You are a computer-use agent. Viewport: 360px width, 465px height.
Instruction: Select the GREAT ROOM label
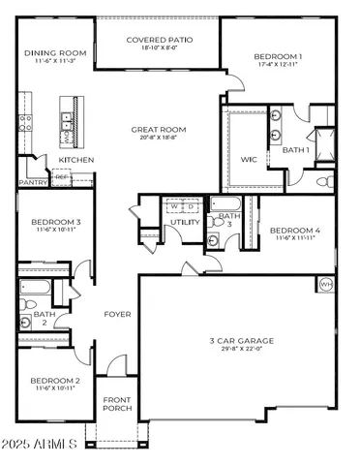[x=160, y=129]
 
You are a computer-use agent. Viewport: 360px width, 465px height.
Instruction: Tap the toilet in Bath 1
[x=324, y=179]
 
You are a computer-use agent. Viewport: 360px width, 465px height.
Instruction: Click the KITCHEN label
[x=76, y=159]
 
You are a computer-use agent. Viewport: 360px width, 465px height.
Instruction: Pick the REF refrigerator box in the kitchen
[x=61, y=177]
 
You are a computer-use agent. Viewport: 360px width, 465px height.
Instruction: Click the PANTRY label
[x=33, y=181]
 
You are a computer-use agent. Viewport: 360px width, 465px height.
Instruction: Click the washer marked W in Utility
[x=175, y=205]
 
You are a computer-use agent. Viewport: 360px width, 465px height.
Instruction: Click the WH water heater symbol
[x=325, y=284]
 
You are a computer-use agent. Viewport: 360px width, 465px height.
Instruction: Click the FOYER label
[x=118, y=315]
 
